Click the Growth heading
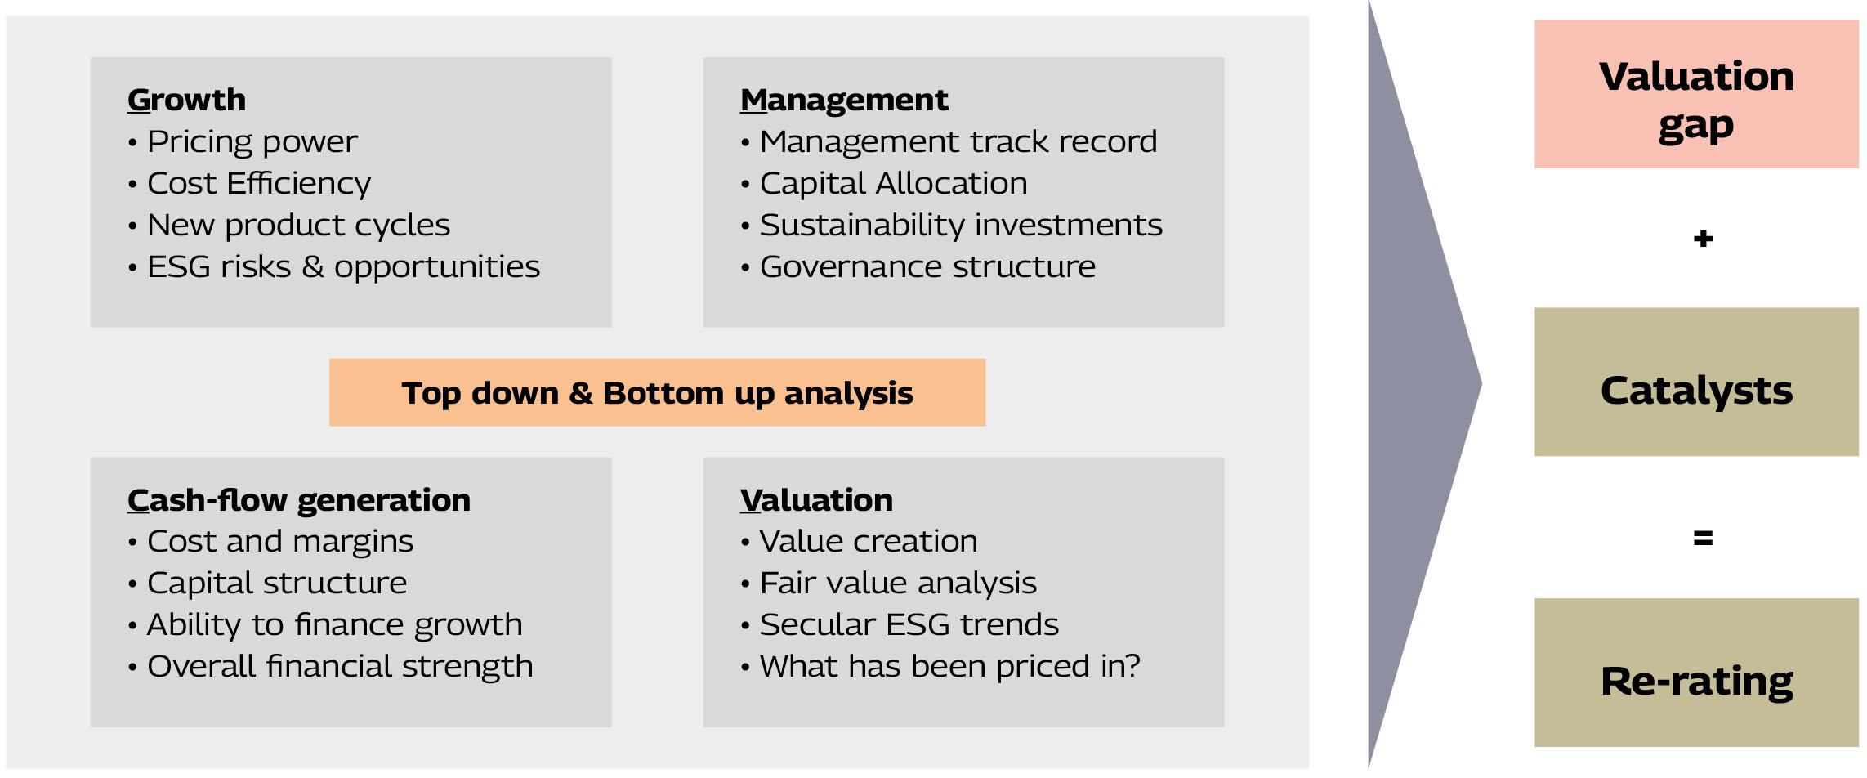pos(186,100)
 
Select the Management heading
pos(844,100)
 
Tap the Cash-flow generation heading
pos(299,500)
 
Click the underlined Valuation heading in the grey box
pos(816,500)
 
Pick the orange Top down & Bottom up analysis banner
pos(657,392)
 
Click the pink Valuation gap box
pos(1696,94)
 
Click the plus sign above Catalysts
pos(1703,239)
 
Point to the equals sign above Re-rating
pos(1703,539)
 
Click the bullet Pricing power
pos(243,142)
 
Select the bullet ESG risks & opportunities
pos(333,267)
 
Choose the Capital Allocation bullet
pos(884,184)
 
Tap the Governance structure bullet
pos(918,267)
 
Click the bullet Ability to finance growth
pos(324,625)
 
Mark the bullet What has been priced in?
pos(940,667)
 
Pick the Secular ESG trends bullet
pos(899,625)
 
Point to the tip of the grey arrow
pos(1481,383)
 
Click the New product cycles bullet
pos(288,226)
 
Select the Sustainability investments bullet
pos(951,226)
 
